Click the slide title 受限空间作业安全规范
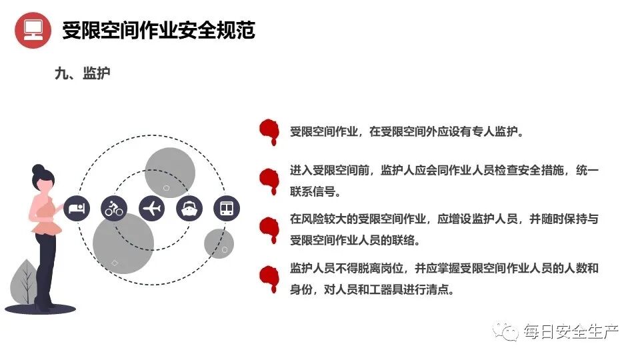(159, 30)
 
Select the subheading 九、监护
(83, 74)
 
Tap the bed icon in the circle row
(76, 208)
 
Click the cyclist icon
(114, 208)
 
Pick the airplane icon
(152, 208)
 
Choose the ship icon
(189, 208)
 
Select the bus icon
(226, 208)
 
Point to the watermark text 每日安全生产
(571, 331)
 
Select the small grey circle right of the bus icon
(219, 243)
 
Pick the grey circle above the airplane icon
(170, 172)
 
